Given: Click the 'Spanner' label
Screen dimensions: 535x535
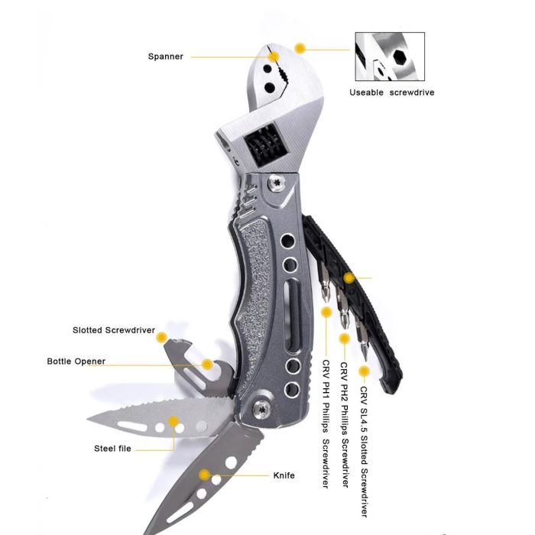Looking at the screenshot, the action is coord(166,57).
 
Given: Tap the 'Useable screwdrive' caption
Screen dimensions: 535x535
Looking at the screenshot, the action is coord(391,92).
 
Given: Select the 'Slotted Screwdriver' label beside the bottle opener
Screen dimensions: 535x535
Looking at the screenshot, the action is coord(114,330).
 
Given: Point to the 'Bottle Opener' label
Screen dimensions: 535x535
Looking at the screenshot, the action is coord(76,362).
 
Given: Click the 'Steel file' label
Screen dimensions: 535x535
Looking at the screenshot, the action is coord(112,449).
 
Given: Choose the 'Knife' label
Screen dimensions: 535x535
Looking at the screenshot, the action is coord(284,475).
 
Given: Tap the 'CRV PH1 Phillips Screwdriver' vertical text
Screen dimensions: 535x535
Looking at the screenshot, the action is coord(326,423).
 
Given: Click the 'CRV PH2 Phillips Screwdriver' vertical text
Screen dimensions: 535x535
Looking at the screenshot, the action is coord(345,424).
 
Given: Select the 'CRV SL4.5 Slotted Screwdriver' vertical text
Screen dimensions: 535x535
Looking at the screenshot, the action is coord(364,452).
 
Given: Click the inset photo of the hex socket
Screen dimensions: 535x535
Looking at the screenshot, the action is coord(390,57).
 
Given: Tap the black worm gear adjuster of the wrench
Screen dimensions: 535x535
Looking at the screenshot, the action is coord(262,146).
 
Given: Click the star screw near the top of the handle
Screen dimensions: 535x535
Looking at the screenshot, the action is coord(276,183).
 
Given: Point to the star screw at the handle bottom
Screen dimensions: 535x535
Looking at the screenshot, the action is coord(261,409).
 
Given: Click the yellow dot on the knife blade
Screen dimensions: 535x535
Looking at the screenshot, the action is coord(204,475).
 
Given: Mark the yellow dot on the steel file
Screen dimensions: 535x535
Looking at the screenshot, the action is coord(173,421).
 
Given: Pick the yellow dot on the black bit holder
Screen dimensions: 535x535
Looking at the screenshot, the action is coord(349,277).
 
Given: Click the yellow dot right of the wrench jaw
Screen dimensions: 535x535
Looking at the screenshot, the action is coord(300,48).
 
